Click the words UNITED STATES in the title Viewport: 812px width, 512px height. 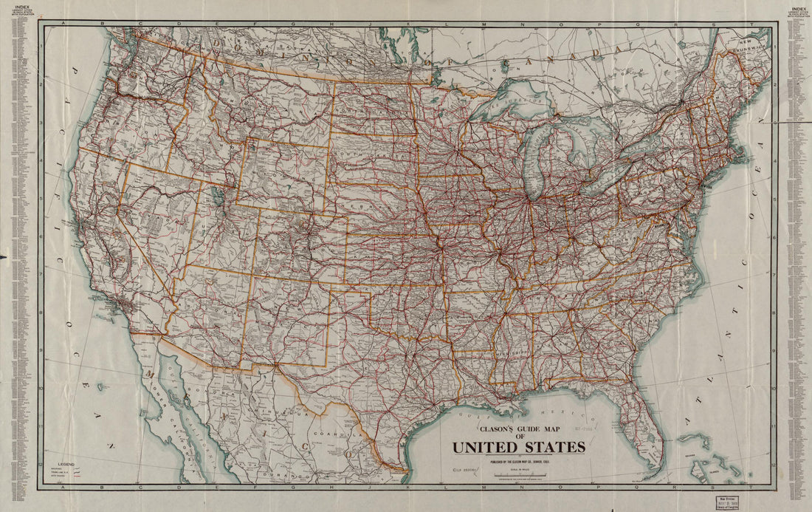tap(518, 447)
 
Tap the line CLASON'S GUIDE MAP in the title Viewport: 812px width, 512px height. tap(518, 428)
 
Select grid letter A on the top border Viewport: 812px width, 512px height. tap(64, 24)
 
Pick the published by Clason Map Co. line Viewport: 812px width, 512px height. tap(518, 462)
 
